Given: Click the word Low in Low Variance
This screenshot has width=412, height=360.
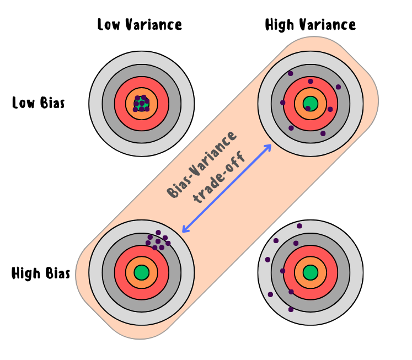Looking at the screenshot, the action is [109, 25].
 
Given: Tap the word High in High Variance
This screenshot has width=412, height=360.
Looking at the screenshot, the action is [280, 25].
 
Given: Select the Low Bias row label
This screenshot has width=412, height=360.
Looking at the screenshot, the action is [39, 103].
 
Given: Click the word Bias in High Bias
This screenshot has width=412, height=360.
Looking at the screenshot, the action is [58, 273].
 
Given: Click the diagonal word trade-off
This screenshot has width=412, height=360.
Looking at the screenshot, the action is [219, 177].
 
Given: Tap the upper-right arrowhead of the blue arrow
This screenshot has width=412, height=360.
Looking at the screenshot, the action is [269, 147].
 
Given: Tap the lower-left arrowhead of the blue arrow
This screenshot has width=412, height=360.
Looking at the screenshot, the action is [185, 229].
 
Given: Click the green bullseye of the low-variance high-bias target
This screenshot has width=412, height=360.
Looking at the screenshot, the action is [142, 272].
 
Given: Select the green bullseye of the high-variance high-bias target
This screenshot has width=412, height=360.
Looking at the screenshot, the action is [311, 272].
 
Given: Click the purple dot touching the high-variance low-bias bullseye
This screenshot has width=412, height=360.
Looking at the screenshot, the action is [308, 109].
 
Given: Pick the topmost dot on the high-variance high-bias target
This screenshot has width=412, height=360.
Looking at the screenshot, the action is [299, 226].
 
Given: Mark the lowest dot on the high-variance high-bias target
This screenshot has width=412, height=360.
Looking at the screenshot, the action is [291, 310].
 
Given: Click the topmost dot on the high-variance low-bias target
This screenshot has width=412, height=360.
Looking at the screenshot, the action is [290, 73].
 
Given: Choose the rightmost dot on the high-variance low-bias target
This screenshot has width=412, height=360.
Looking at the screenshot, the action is [338, 87].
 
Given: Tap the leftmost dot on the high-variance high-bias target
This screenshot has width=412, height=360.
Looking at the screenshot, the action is [267, 260].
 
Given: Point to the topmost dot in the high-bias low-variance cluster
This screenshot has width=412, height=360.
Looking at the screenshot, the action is [158, 233].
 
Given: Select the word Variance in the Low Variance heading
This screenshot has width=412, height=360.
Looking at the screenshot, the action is [153, 25].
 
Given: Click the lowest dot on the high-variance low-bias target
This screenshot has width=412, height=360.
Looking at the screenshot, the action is [323, 133].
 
